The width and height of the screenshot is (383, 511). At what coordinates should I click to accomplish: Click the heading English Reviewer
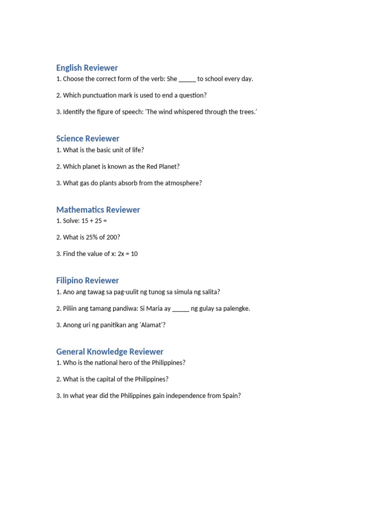coord(87,68)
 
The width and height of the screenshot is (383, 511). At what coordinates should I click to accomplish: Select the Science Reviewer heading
coord(88,139)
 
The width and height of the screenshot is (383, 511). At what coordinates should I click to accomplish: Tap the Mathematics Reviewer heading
coord(98,210)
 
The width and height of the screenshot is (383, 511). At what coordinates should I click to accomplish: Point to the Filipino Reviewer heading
coord(87,280)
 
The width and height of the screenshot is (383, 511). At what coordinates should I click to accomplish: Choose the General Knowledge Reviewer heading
coord(110,352)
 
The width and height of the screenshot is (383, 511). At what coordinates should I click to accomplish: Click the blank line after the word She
coord(187,79)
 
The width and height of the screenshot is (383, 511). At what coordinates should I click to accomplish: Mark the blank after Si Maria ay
coord(181,308)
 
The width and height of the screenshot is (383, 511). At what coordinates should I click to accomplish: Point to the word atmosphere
coord(182,183)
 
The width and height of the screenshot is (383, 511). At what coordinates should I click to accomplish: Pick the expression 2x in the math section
coord(121,254)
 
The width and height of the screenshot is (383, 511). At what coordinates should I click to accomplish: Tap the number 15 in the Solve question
coord(85,221)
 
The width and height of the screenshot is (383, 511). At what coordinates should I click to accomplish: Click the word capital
coord(107,379)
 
